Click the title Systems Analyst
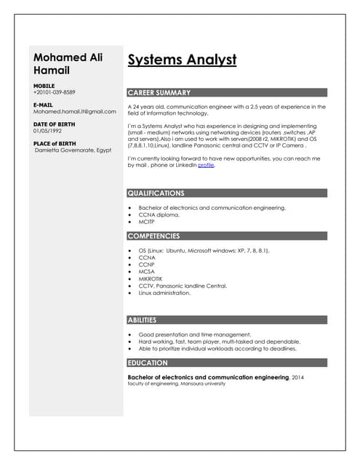(x=182, y=60)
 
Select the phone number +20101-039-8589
(x=54, y=92)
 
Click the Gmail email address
(x=74, y=112)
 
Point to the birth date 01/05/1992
(x=48, y=131)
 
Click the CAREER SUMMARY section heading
(x=159, y=93)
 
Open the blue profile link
(x=206, y=165)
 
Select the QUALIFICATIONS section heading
(x=156, y=193)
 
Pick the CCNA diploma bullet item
(x=159, y=215)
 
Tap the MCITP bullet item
(x=147, y=222)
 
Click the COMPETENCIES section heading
(x=153, y=236)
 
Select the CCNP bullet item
(x=147, y=264)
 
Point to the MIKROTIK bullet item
(x=151, y=278)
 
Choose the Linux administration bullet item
(x=164, y=293)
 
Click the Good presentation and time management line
(x=194, y=334)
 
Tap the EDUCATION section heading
(x=148, y=363)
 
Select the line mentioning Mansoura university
(x=176, y=384)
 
